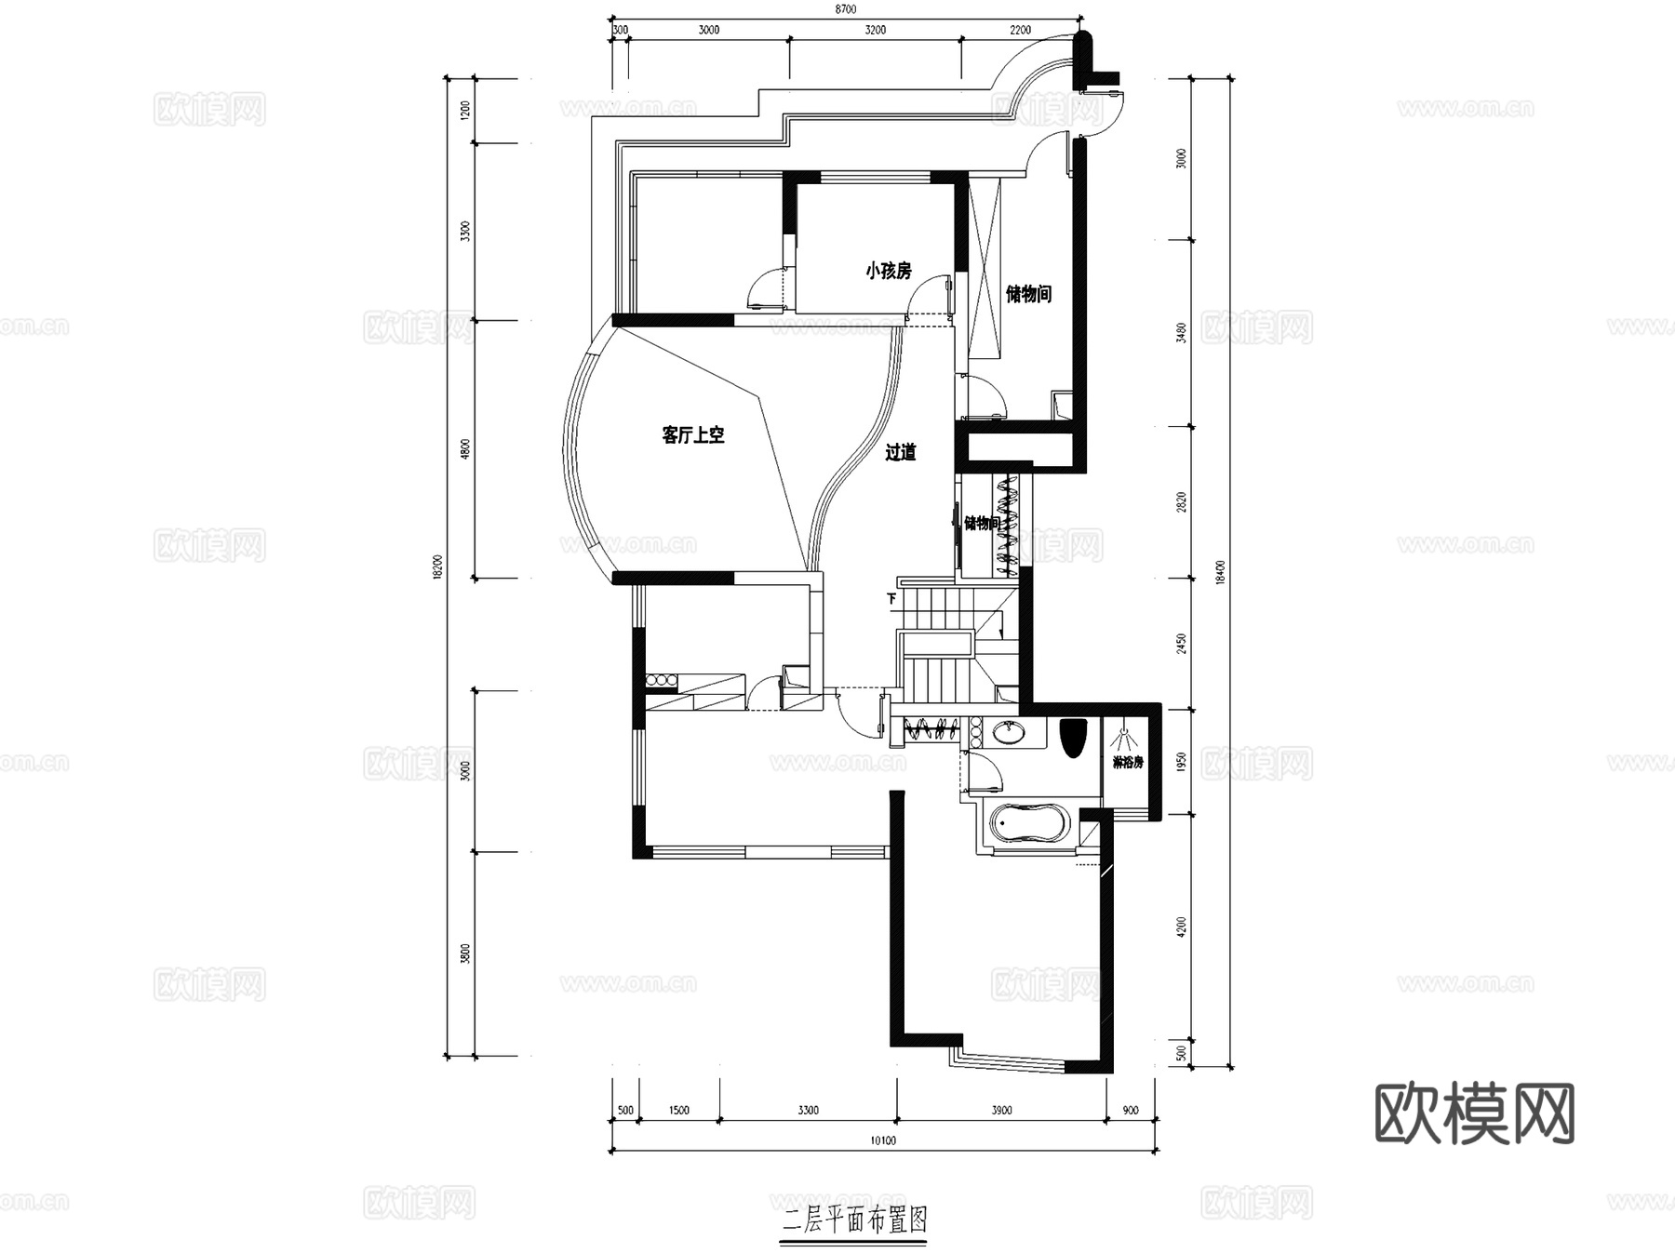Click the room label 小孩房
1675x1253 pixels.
pyautogui.click(x=888, y=272)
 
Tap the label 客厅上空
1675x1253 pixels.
pyautogui.click(x=693, y=434)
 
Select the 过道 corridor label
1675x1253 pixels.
pyautogui.click(x=900, y=453)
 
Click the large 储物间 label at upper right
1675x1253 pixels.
pyautogui.click(x=1028, y=295)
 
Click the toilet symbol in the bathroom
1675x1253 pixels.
pyautogui.click(x=1073, y=737)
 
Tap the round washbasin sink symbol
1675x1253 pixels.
pyautogui.click(x=1008, y=734)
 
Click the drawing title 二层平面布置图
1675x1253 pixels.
pyautogui.click(x=855, y=1219)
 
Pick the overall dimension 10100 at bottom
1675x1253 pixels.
pyautogui.click(x=882, y=1140)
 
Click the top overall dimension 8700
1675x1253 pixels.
pyautogui.click(x=845, y=9)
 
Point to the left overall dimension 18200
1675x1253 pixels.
pyautogui.click(x=437, y=567)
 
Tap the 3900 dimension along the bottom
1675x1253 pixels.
pyautogui.click(x=1001, y=1110)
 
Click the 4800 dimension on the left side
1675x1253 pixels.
pyautogui.click(x=466, y=449)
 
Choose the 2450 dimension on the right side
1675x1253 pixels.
pyautogui.click(x=1182, y=643)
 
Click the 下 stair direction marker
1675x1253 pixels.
pyautogui.click(x=891, y=599)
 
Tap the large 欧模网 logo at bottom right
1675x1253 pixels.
pyautogui.click(x=1474, y=1113)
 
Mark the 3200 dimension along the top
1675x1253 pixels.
pyautogui.click(x=875, y=30)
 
